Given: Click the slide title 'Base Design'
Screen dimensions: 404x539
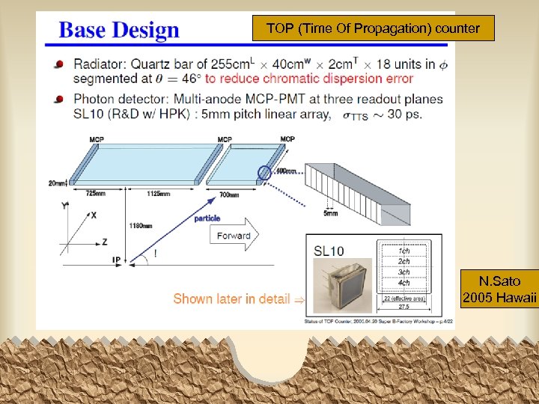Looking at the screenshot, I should (x=119, y=31).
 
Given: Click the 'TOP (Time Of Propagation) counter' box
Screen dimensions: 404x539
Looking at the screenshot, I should (x=373, y=28).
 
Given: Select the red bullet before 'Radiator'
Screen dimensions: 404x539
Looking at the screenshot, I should (x=58, y=65).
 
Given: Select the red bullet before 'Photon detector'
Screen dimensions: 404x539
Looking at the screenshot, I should (x=58, y=100).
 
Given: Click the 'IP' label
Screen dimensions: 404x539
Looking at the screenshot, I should (x=116, y=259).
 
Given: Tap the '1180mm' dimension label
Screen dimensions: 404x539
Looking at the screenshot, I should (x=141, y=224).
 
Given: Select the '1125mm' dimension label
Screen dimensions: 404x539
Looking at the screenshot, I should (x=158, y=194).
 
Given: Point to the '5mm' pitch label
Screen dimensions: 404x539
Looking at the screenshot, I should (x=330, y=214).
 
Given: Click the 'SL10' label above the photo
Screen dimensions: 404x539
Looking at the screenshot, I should (x=329, y=251).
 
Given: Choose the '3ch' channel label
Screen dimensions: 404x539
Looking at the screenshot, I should (x=404, y=272).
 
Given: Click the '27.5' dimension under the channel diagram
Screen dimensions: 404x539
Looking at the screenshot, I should (x=404, y=307).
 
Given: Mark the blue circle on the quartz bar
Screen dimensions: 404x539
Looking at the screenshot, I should (x=264, y=173).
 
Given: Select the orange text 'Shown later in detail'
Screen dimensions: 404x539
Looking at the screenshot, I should (x=231, y=299).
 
